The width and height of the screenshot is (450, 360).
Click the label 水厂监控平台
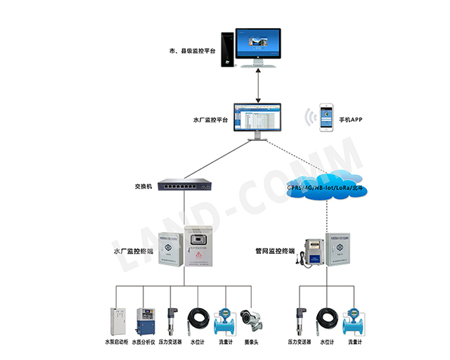tap(210, 120)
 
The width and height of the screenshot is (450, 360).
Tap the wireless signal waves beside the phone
tap(310, 115)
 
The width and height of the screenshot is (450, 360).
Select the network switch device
tap(184, 186)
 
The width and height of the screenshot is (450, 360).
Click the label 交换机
tap(143, 187)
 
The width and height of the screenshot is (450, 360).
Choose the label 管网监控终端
tap(276, 250)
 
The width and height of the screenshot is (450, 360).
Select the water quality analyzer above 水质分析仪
tap(146, 319)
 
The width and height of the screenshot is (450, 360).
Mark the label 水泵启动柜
tap(116, 342)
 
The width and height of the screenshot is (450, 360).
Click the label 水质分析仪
tap(146, 342)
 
